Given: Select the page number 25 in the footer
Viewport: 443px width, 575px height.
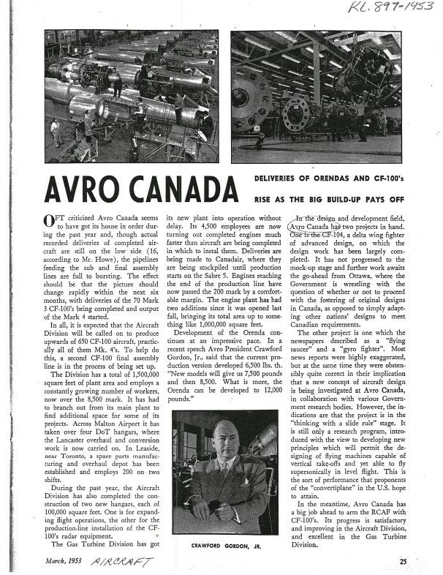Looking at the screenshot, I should coord(403,560).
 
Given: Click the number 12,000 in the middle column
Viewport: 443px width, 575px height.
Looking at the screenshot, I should coord(255,393).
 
